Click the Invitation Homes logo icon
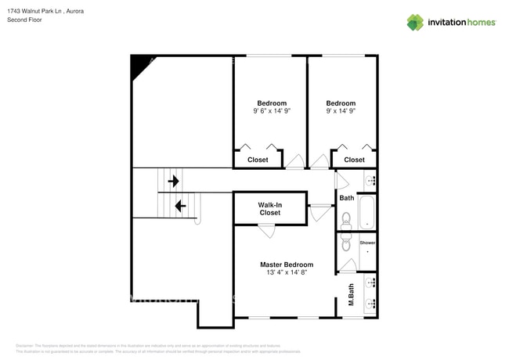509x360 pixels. [x=414, y=22]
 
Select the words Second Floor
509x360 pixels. [x=24, y=20]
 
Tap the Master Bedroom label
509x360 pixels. [x=287, y=265]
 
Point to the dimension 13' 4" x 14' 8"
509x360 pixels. [x=287, y=273]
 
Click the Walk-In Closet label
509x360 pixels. [x=269, y=208]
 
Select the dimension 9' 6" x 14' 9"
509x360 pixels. [x=272, y=111]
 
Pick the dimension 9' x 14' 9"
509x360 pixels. [x=341, y=111]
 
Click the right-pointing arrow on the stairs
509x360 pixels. [x=173, y=182]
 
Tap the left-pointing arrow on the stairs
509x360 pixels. [x=179, y=206]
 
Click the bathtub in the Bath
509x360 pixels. [x=366, y=212]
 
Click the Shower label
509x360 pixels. [x=367, y=243]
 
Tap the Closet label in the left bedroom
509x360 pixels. [x=258, y=160]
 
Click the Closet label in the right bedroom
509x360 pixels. [x=354, y=160]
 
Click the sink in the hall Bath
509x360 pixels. [x=370, y=181]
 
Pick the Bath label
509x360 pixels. [x=346, y=198]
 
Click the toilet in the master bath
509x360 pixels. [x=346, y=243]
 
